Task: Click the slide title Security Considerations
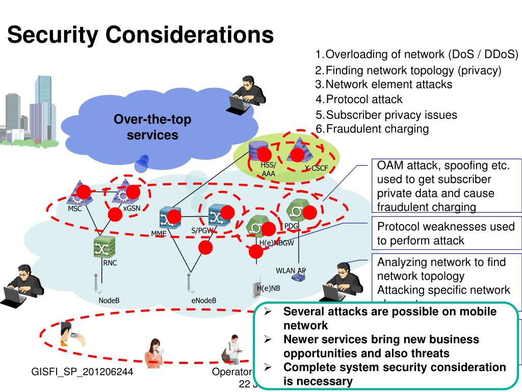click(140, 35)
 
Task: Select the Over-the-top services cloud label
click(152, 128)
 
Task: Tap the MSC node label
click(75, 209)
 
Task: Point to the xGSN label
click(132, 209)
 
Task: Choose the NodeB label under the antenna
click(109, 300)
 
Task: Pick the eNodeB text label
click(204, 300)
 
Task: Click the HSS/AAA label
click(268, 169)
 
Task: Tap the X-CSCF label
click(317, 168)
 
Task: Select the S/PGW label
click(201, 230)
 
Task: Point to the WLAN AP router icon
click(299, 278)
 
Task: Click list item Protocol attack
click(363, 100)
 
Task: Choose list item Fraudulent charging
click(377, 129)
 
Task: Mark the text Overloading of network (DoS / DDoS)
click(421, 55)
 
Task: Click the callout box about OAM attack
click(446, 186)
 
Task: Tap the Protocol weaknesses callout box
click(446, 233)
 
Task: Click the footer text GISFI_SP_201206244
click(82, 372)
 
